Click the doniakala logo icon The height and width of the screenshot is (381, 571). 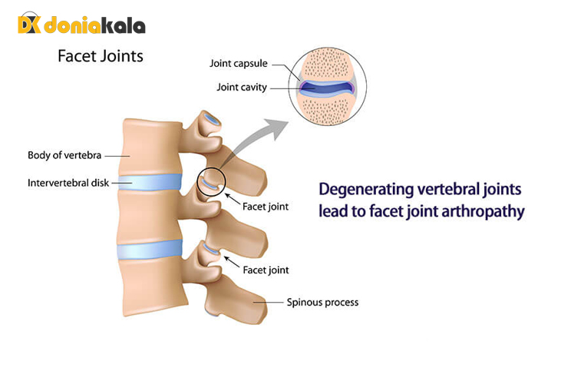coord(28,25)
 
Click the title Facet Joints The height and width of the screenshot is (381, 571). coord(101,56)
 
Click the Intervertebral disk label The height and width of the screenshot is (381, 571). coord(67,184)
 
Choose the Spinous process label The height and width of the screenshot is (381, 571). coord(322,302)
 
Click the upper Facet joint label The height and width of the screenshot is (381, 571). coord(266,207)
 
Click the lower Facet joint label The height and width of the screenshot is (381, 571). coord(266,270)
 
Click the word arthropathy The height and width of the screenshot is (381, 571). coord(485,210)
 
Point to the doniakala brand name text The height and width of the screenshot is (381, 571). coord(94,25)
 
